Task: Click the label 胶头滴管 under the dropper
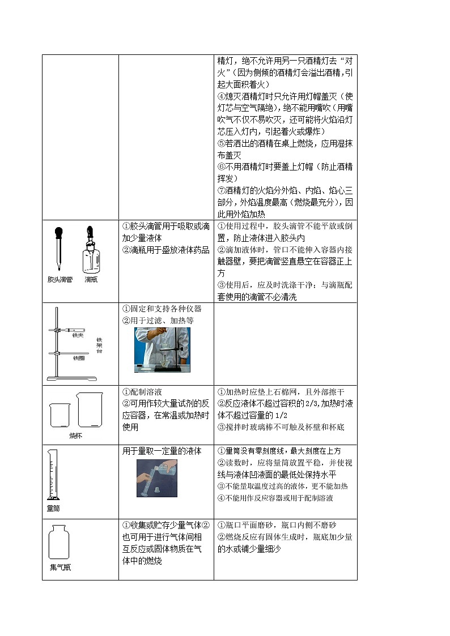tap(60, 279)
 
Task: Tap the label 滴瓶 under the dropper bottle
tap(91, 279)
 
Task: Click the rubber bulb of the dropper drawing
tap(58, 232)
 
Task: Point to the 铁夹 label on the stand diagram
tap(78, 335)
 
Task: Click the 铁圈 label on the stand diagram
tap(78, 358)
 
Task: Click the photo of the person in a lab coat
tap(162, 349)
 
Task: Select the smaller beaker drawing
tap(60, 415)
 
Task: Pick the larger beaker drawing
tap(90, 410)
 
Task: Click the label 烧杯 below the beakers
tap(76, 436)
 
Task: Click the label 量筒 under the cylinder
tap(54, 509)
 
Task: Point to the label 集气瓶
tap(60, 567)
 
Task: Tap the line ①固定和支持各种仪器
tap(162, 309)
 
